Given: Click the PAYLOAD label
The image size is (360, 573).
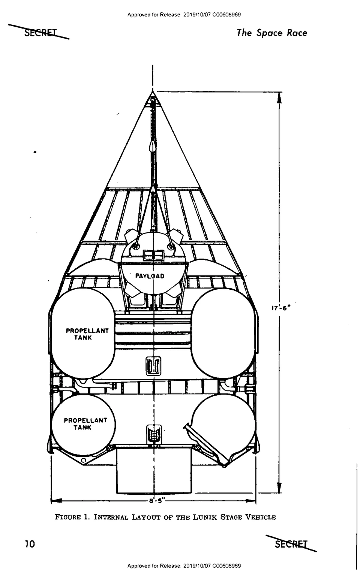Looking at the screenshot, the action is point(150,276).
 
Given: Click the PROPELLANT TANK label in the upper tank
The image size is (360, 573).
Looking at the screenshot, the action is point(87,334).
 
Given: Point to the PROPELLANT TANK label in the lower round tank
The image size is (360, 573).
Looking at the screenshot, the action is point(85,423).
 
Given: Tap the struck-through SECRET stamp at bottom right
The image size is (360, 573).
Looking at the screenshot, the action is point(291,544).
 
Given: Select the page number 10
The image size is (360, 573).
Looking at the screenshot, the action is point(30,544).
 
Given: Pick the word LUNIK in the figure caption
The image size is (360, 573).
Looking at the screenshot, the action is point(205,517).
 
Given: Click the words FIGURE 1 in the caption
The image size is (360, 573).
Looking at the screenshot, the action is point(71,517).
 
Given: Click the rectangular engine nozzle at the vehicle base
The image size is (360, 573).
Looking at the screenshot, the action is point(154,470).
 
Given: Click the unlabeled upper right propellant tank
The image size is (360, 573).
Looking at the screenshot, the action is point(223,333).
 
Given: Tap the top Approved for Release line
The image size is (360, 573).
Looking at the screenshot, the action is point(184,15).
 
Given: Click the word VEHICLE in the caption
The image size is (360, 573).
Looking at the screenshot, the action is point(260,517).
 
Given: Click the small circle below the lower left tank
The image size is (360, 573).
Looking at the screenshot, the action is point(83,461).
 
